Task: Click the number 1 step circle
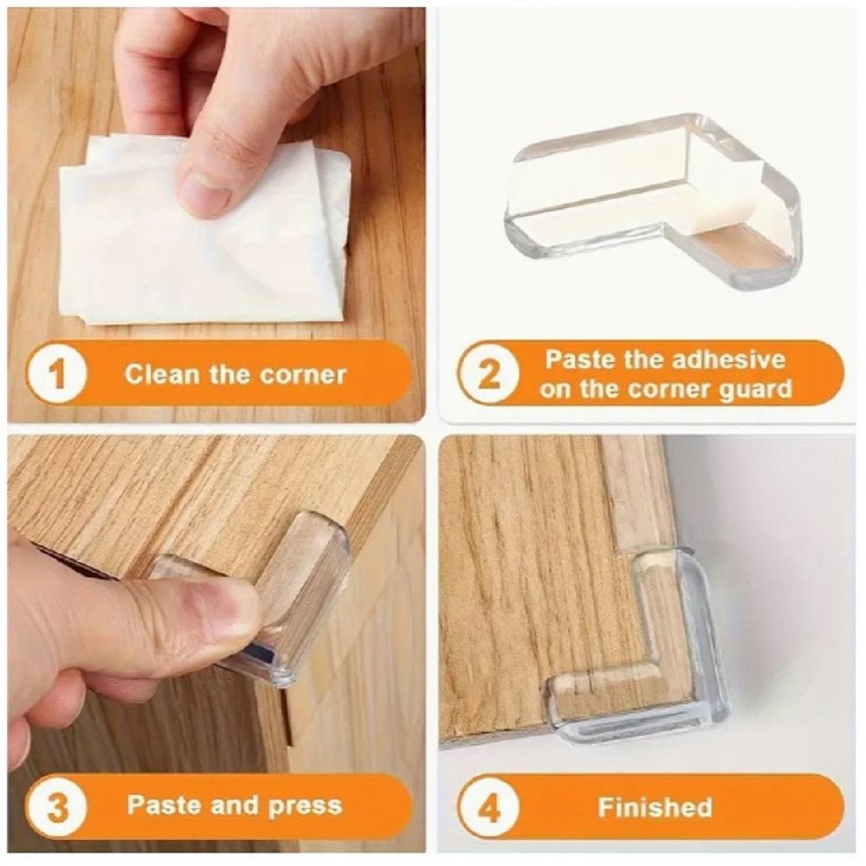57,374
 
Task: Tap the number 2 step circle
488,374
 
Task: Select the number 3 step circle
57,807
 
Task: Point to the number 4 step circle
488,807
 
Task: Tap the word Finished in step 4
655,807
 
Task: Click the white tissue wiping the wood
204,232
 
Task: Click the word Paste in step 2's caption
580,359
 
